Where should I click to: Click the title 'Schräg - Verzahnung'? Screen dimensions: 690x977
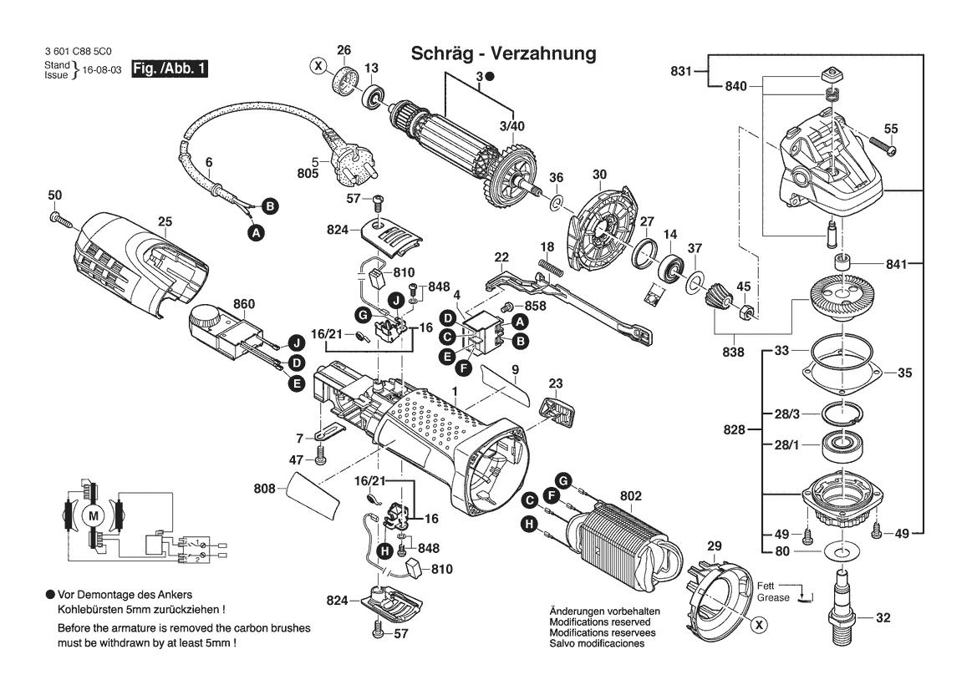pyautogui.click(x=503, y=53)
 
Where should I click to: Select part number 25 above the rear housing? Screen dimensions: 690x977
pyautogui.click(x=165, y=221)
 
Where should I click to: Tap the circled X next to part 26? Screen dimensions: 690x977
pyautogui.click(x=318, y=65)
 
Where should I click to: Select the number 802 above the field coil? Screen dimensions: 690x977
pyautogui.click(x=630, y=496)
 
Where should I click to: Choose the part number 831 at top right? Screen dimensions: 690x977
pyautogui.click(x=682, y=72)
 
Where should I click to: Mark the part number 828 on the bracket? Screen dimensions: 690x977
pyautogui.click(x=734, y=429)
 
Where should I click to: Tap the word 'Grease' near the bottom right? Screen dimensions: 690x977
pyautogui.click(x=773, y=597)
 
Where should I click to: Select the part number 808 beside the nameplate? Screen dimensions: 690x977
pyautogui.click(x=264, y=487)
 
